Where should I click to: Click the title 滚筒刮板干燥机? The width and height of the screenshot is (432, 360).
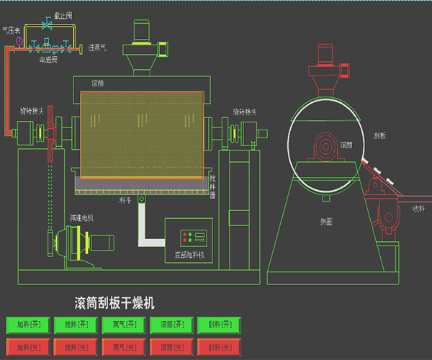point(114,302)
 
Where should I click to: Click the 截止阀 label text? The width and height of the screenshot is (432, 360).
point(63,15)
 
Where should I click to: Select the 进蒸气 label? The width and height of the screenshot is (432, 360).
point(97,48)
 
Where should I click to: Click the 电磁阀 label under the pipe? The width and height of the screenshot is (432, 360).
point(49,60)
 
